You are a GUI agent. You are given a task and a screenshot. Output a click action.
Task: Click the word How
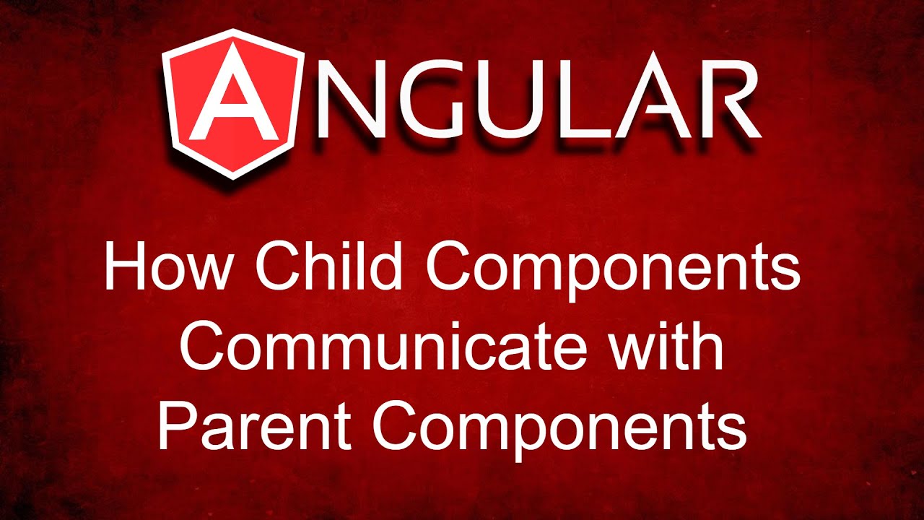click(x=170, y=266)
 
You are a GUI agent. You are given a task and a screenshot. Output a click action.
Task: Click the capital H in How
click(x=123, y=266)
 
